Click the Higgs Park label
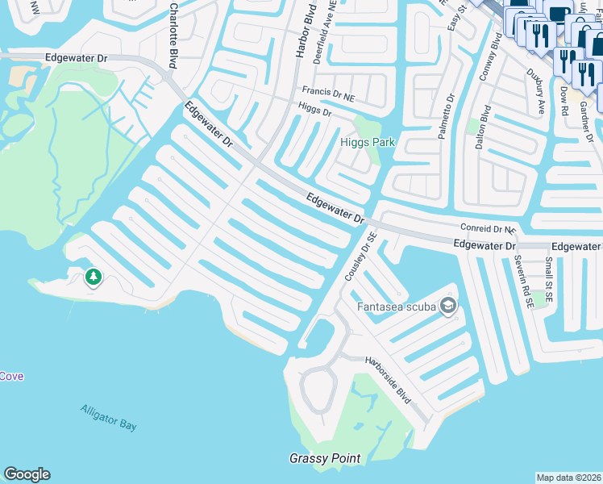pyautogui.click(x=368, y=143)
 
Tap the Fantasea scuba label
pyautogui.click(x=397, y=307)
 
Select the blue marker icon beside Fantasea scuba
pyautogui.click(x=448, y=307)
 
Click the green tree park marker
pyautogui.click(x=94, y=277)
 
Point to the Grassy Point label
pyautogui.click(x=325, y=458)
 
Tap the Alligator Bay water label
pyautogui.click(x=109, y=417)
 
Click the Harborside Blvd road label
pyautogui.click(x=389, y=380)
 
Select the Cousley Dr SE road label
pyautogui.click(x=361, y=257)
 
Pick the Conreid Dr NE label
pyautogui.click(x=488, y=229)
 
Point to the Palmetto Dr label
pyautogui.click(x=446, y=117)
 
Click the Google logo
pyautogui.click(x=27, y=474)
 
